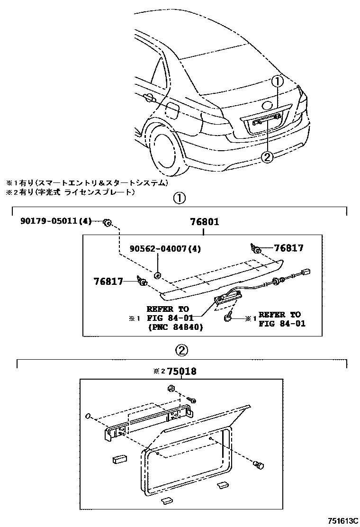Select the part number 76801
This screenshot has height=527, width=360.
coord(204,221)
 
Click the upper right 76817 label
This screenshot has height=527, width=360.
coord(289,248)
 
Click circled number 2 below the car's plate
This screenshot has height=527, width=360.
coord(267,156)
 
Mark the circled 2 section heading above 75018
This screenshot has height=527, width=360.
coord(182,350)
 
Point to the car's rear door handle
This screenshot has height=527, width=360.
coord(150,98)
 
